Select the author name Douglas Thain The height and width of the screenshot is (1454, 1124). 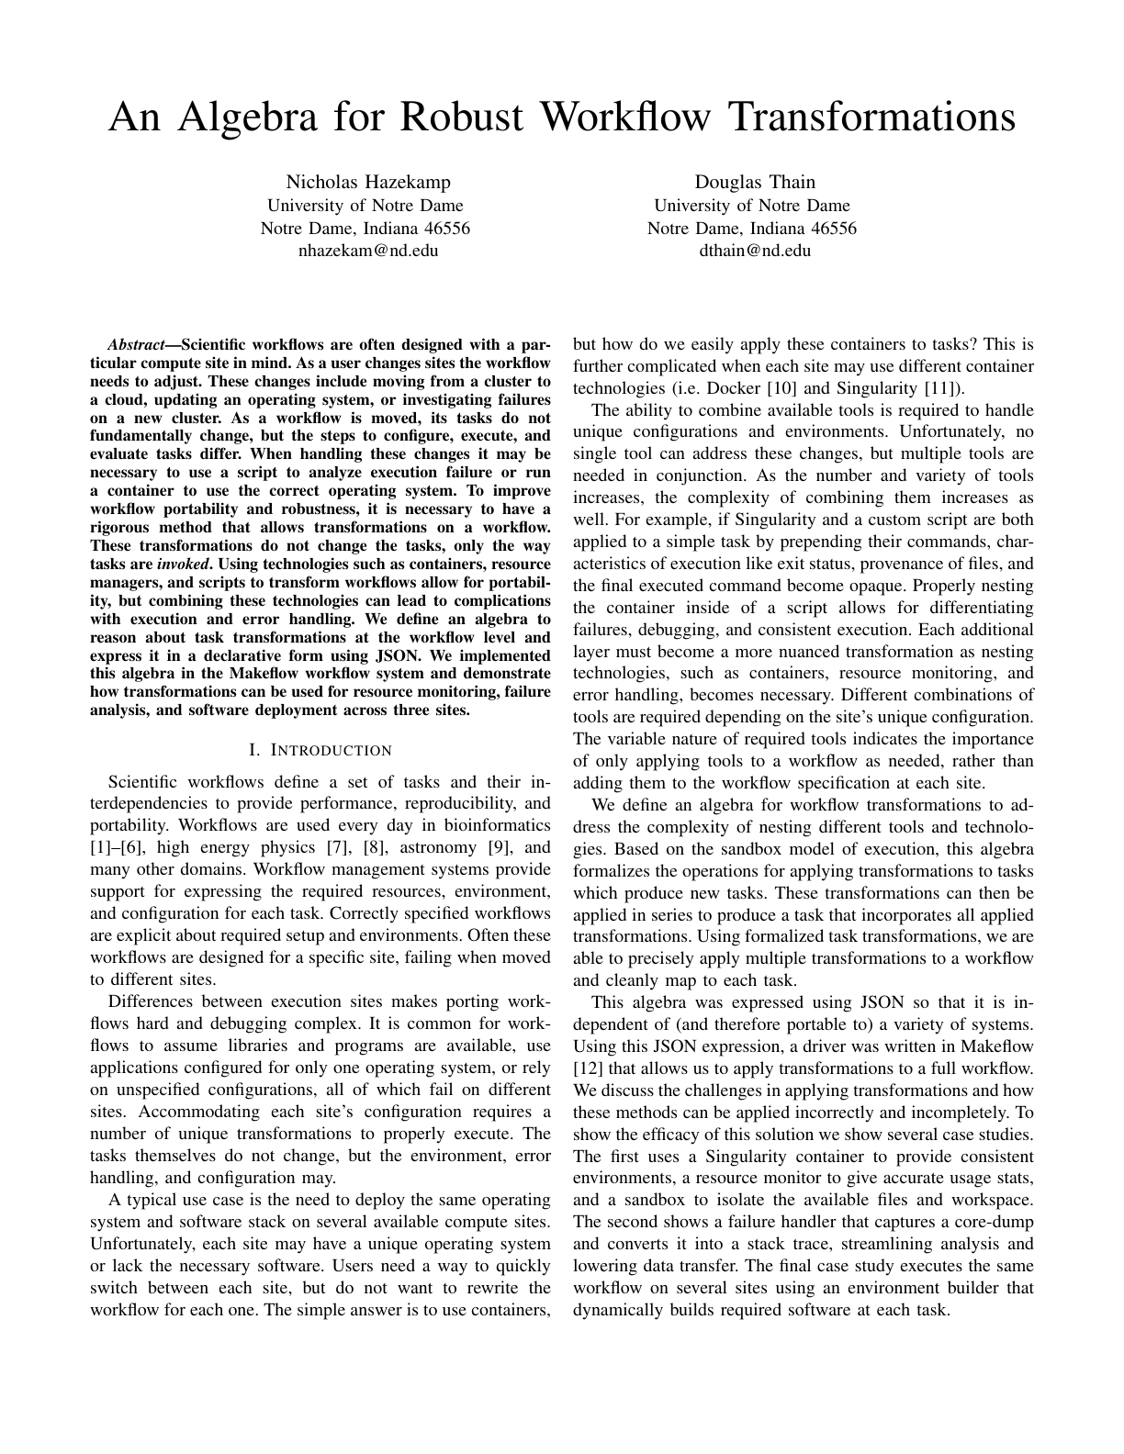755,182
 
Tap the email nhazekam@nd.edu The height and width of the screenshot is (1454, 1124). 365,250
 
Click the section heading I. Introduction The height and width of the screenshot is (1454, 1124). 320,751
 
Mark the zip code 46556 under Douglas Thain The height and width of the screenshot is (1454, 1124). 826,228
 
